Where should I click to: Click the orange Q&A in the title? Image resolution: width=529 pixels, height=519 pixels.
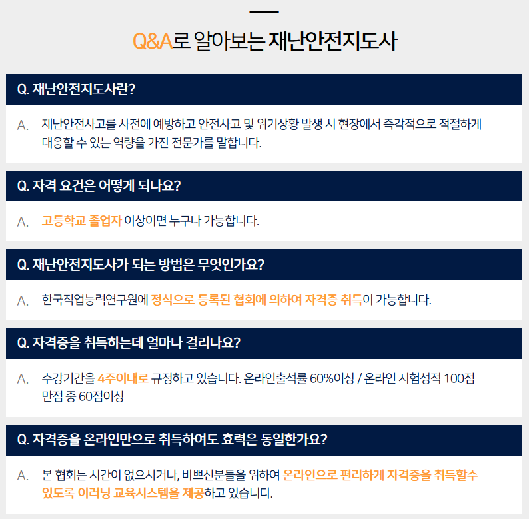pos(153,41)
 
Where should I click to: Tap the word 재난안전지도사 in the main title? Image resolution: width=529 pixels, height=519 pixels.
pos(332,41)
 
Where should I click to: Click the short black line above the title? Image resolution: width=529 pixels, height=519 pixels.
pos(264,11)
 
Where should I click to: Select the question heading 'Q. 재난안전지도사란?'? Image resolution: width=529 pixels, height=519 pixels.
pos(76,89)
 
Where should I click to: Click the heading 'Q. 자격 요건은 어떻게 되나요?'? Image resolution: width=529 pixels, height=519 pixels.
pos(99,186)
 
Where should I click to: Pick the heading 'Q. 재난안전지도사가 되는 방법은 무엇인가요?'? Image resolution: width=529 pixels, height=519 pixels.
pos(141,265)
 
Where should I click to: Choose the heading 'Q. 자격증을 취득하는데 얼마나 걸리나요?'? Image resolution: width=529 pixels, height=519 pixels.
pos(129,343)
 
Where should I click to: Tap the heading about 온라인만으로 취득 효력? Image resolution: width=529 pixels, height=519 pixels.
pos(172,440)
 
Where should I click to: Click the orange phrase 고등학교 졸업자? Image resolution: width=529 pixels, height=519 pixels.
pos(81,221)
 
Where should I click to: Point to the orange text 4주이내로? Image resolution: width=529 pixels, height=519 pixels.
pos(123,378)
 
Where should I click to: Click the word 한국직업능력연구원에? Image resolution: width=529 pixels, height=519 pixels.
pos(95,300)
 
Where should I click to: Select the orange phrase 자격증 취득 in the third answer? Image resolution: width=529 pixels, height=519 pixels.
pos(333,300)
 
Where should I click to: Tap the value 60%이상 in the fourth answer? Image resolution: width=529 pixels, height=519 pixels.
pos(332,378)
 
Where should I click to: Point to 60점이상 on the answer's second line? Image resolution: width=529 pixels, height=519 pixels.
pos(101,396)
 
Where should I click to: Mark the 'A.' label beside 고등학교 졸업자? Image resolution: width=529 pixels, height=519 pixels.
pos(23,222)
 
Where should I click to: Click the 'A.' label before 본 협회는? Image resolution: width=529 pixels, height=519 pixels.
pos(23,476)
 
